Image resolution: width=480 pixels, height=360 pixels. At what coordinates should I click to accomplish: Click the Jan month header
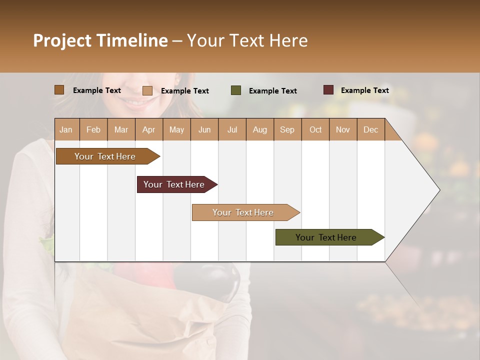pos(66,129)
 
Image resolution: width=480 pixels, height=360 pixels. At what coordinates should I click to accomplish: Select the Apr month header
pos(148,129)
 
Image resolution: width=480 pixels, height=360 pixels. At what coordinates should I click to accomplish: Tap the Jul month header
pos(232,129)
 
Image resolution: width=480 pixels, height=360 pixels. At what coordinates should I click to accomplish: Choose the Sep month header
pos(287,129)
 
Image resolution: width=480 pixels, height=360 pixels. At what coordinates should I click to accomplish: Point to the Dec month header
pos(370,129)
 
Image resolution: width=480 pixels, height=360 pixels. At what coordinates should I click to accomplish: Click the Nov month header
pos(342,129)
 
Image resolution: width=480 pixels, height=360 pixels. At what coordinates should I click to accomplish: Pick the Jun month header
pos(204,129)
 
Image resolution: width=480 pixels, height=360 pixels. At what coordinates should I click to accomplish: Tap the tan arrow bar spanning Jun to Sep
pos(243,212)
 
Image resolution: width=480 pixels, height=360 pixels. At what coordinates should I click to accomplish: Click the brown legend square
pos(59,90)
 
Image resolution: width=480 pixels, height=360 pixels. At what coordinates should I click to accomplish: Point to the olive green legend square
pos(236,90)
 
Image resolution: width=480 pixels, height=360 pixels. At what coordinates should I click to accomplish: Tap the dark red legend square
pos(328,90)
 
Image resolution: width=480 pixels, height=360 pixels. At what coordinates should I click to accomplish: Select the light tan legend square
pos(147,90)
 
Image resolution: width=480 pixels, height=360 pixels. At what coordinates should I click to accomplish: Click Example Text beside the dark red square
pos(364,90)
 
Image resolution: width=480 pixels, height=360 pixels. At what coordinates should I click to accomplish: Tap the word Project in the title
pos(62,40)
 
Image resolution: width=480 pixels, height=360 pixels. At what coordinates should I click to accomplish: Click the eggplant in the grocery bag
pos(220,280)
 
